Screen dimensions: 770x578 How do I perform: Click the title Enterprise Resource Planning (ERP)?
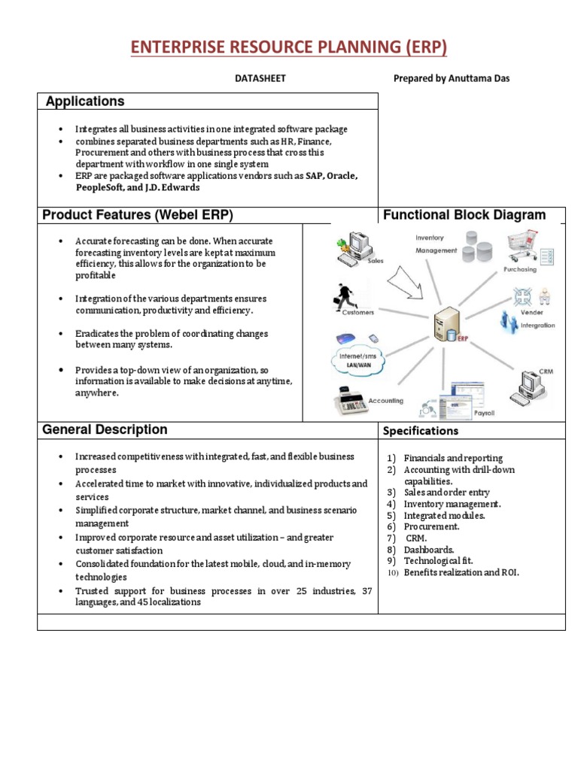pos(289,48)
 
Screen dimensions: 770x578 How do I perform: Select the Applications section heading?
pos(85,102)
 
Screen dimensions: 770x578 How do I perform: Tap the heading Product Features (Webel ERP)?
pos(138,215)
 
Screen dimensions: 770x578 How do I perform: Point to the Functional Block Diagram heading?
pos(464,215)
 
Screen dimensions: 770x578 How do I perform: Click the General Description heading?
pos(105,430)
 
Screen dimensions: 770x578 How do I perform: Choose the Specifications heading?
pos(421,431)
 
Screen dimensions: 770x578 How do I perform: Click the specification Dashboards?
pos(429,550)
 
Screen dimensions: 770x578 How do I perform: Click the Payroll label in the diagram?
pos(483,414)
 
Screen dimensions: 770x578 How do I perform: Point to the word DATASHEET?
pos(261,78)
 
